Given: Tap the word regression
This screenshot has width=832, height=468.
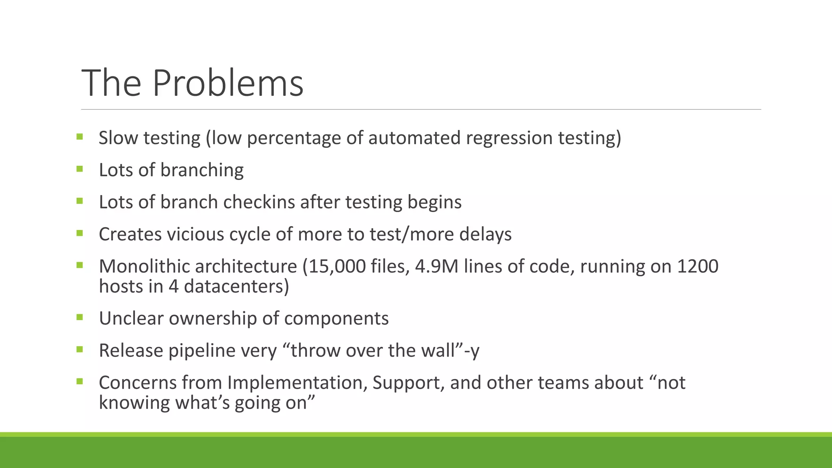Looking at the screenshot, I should coord(509,138).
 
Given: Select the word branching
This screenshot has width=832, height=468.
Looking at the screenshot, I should coord(201,170).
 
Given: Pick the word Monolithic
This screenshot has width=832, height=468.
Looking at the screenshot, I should coord(144,266).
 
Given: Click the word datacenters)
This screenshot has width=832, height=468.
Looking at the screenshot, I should coord(236,286).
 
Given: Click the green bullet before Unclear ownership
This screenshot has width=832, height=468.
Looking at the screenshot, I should coord(79,317).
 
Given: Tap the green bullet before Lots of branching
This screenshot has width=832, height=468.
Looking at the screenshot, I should coord(79,169).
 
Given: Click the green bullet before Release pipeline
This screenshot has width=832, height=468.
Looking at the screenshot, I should coord(79,349).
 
